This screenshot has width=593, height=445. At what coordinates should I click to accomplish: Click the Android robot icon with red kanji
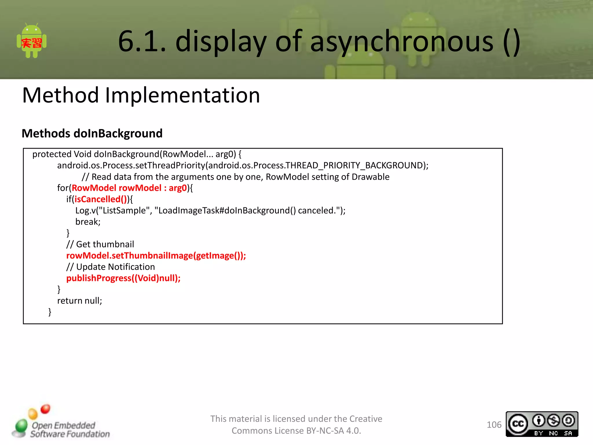(32, 41)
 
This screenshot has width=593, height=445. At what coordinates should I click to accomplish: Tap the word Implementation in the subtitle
(182, 95)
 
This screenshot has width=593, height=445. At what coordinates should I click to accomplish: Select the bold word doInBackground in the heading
(118, 134)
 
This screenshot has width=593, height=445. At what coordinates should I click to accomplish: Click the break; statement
(88, 222)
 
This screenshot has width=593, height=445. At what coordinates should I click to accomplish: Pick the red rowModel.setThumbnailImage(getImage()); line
(156, 256)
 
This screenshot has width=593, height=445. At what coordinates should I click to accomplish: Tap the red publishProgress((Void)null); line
(123, 278)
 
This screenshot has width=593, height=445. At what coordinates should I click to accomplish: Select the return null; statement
(80, 301)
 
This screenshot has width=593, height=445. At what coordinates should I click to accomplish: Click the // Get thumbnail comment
(100, 245)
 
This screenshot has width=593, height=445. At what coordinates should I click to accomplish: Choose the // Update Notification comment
(111, 267)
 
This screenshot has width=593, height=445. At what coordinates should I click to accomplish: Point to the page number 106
(494, 425)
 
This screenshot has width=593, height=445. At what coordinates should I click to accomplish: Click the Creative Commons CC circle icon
(518, 424)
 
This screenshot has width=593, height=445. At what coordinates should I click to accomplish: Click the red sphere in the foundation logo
(45, 409)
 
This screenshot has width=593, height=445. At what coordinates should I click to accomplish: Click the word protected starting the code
(52, 154)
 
